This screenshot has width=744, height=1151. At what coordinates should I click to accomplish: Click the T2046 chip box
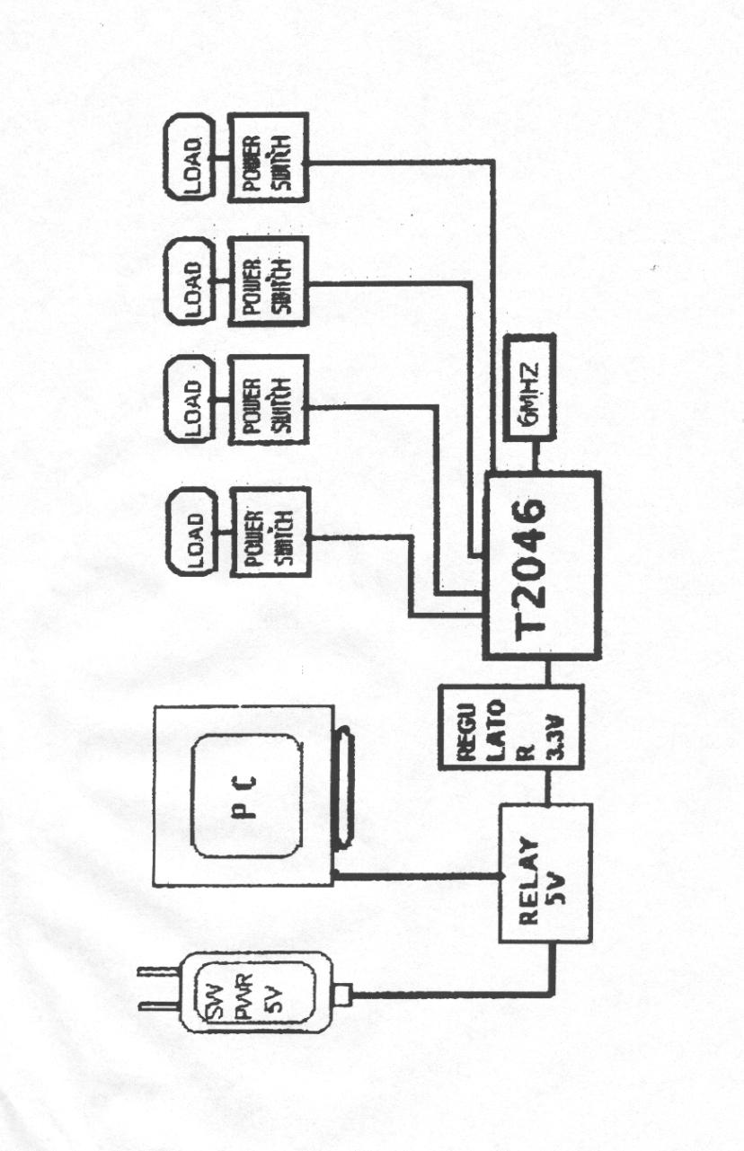coord(542,564)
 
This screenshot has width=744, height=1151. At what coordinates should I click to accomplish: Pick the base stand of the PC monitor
coord(344,791)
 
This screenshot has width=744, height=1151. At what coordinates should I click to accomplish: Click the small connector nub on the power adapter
coord(343,995)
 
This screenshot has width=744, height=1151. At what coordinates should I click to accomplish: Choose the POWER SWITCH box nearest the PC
coord(268,537)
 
